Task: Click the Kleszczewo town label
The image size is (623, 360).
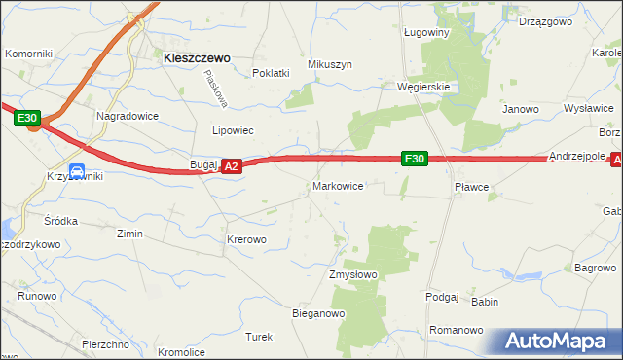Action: point(196,58)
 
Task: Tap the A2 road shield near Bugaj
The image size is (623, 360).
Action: point(231,167)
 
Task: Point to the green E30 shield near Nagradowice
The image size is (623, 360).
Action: point(27,119)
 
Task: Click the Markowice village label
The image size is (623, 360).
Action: point(338,186)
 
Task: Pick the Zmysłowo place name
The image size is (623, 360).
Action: point(353,275)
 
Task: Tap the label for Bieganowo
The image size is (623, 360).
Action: point(319,313)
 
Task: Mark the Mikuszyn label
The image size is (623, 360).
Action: point(329,64)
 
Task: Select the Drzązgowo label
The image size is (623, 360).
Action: point(544,21)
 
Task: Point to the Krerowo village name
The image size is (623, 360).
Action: point(245,238)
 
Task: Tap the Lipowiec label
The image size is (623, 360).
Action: point(233,129)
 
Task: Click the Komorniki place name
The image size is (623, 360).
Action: point(28,54)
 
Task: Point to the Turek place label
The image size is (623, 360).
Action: point(258,337)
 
